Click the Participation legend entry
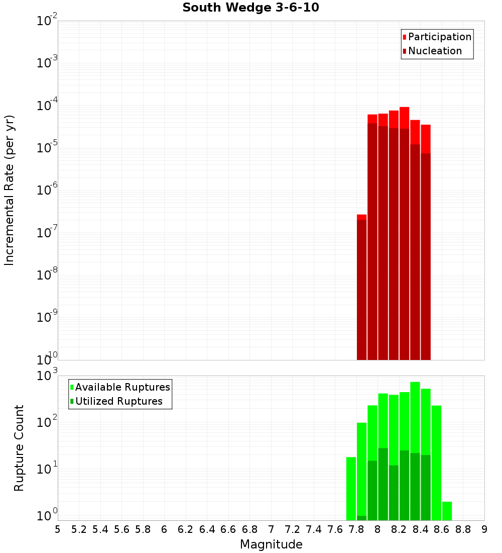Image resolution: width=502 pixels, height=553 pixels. click(x=439, y=37)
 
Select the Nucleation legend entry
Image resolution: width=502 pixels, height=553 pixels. click(x=434, y=51)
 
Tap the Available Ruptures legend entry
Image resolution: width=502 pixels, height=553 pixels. click(x=122, y=387)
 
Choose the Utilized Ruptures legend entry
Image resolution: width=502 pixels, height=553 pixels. click(x=118, y=401)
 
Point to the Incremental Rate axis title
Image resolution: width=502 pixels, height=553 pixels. click(x=10, y=190)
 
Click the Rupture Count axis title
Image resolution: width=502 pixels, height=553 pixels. click(x=19, y=448)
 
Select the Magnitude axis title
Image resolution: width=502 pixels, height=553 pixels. click(x=271, y=544)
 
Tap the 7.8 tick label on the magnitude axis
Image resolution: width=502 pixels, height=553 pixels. click(x=356, y=529)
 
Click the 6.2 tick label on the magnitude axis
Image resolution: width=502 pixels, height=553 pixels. click(x=186, y=529)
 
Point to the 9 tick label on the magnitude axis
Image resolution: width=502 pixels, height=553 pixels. click(x=484, y=529)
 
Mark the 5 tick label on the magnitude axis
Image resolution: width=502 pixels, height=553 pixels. click(x=58, y=529)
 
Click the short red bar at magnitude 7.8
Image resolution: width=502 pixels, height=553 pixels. click(x=361, y=287)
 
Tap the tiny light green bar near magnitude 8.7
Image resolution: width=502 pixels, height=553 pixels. click(x=447, y=510)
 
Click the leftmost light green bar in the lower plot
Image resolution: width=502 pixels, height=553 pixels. click(x=351, y=488)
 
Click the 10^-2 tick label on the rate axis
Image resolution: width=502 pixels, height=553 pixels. click(x=47, y=22)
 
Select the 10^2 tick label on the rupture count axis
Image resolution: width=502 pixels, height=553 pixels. click(x=47, y=422)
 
